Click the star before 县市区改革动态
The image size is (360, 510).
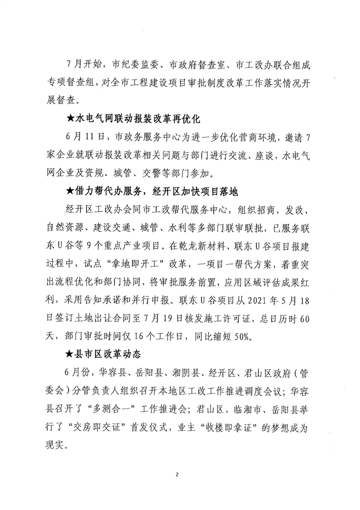click(x=70, y=355)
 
